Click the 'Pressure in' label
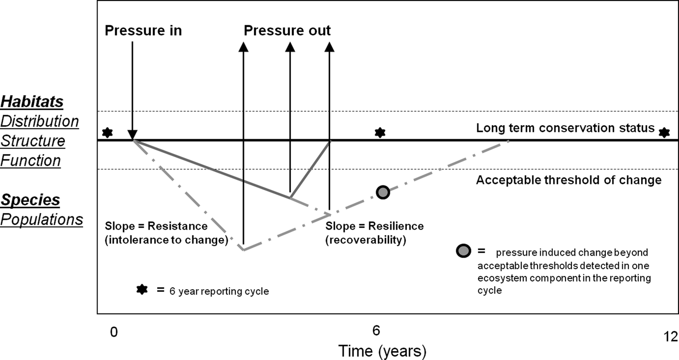coord(143,31)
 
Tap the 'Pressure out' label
coord(287,31)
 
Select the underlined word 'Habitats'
coord(32,101)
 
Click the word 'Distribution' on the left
coord(39,121)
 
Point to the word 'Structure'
coord(32,141)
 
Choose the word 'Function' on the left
coord(31,161)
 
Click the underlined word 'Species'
coord(30,200)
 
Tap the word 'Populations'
coord(41,219)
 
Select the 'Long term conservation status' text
coord(566,128)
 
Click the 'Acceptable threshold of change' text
coord(568,180)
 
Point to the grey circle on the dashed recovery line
coord(383,192)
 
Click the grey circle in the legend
coord(464,252)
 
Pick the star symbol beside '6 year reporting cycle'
coord(142,290)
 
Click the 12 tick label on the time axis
coord(671,337)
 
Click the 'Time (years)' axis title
coord(382,351)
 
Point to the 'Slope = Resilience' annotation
coord(374,226)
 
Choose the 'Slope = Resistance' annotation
coord(156,226)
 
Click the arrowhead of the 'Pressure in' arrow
coord(132,135)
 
